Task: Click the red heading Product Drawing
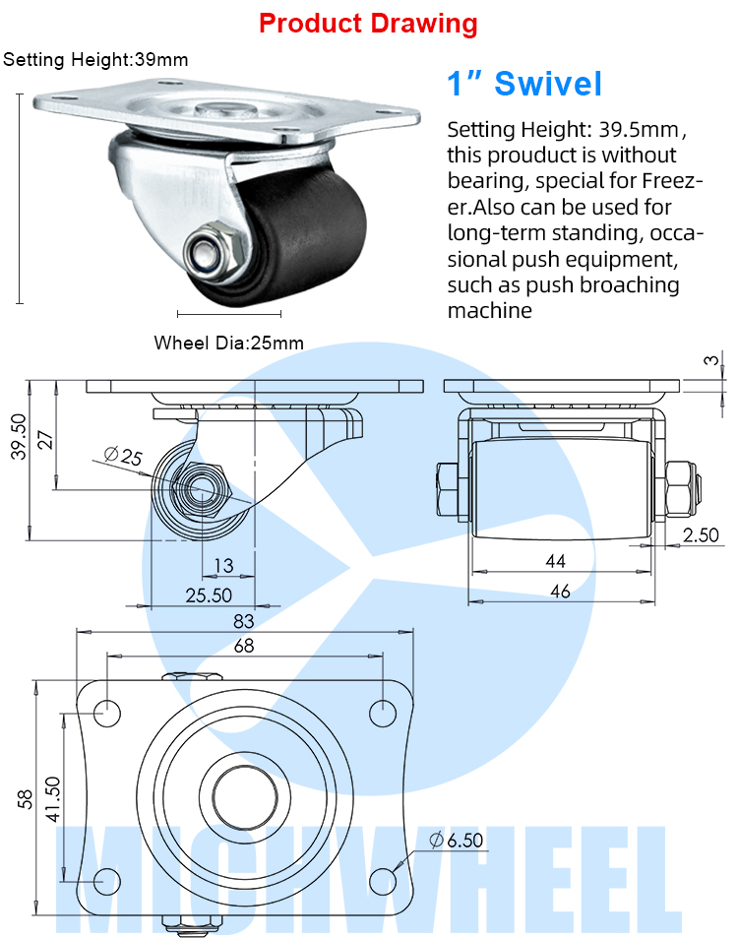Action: pyautogui.click(x=368, y=24)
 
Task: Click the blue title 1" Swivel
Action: pyautogui.click(x=523, y=84)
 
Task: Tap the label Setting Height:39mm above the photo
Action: pyautogui.click(x=95, y=60)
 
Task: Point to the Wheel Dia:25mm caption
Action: pyautogui.click(x=228, y=344)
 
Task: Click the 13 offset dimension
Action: pyautogui.click(x=223, y=565)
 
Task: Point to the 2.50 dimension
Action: pyautogui.click(x=701, y=535)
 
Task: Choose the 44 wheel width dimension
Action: pyautogui.click(x=557, y=560)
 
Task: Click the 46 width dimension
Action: pyautogui.click(x=560, y=592)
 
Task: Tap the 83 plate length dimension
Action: pyautogui.click(x=244, y=621)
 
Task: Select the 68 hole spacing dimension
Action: pyautogui.click(x=244, y=646)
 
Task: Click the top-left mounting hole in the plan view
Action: pyautogui.click(x=108, y=711)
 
